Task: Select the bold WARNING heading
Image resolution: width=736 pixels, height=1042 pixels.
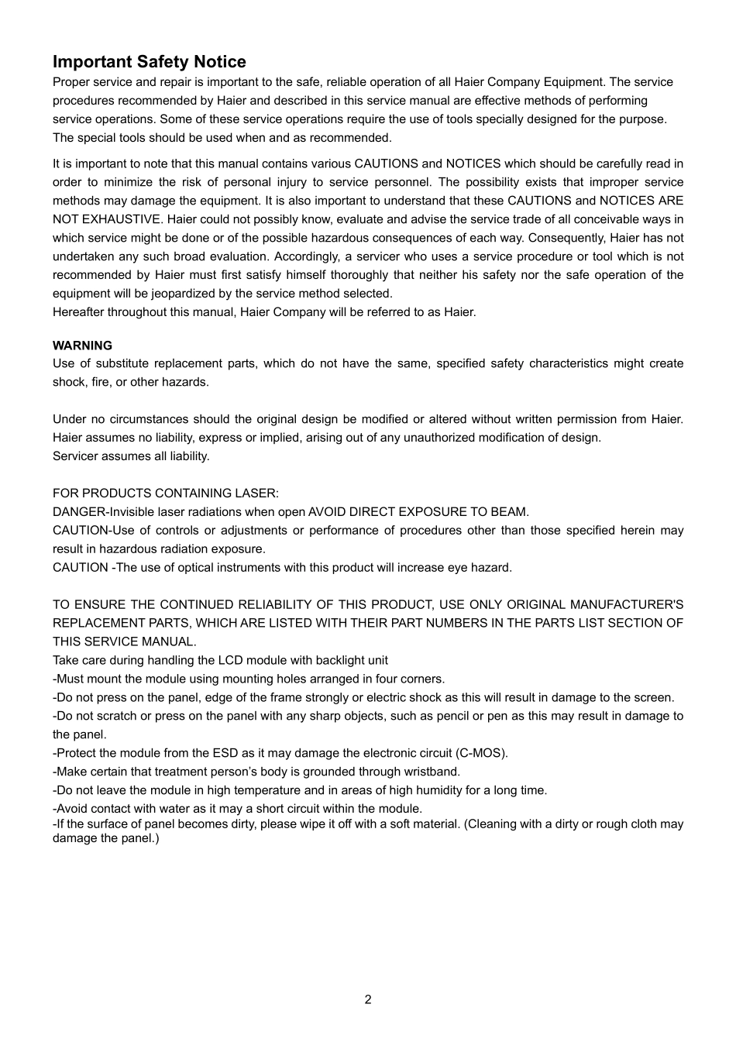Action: tap(82, 346)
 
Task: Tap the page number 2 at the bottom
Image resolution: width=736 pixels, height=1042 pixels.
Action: tap(368, 999)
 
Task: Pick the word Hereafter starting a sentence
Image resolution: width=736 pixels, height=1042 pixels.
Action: tap(78, 312)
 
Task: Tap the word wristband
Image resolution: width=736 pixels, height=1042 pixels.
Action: tap(432, 772)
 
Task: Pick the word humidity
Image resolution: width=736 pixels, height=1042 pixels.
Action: tap(445, 790)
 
